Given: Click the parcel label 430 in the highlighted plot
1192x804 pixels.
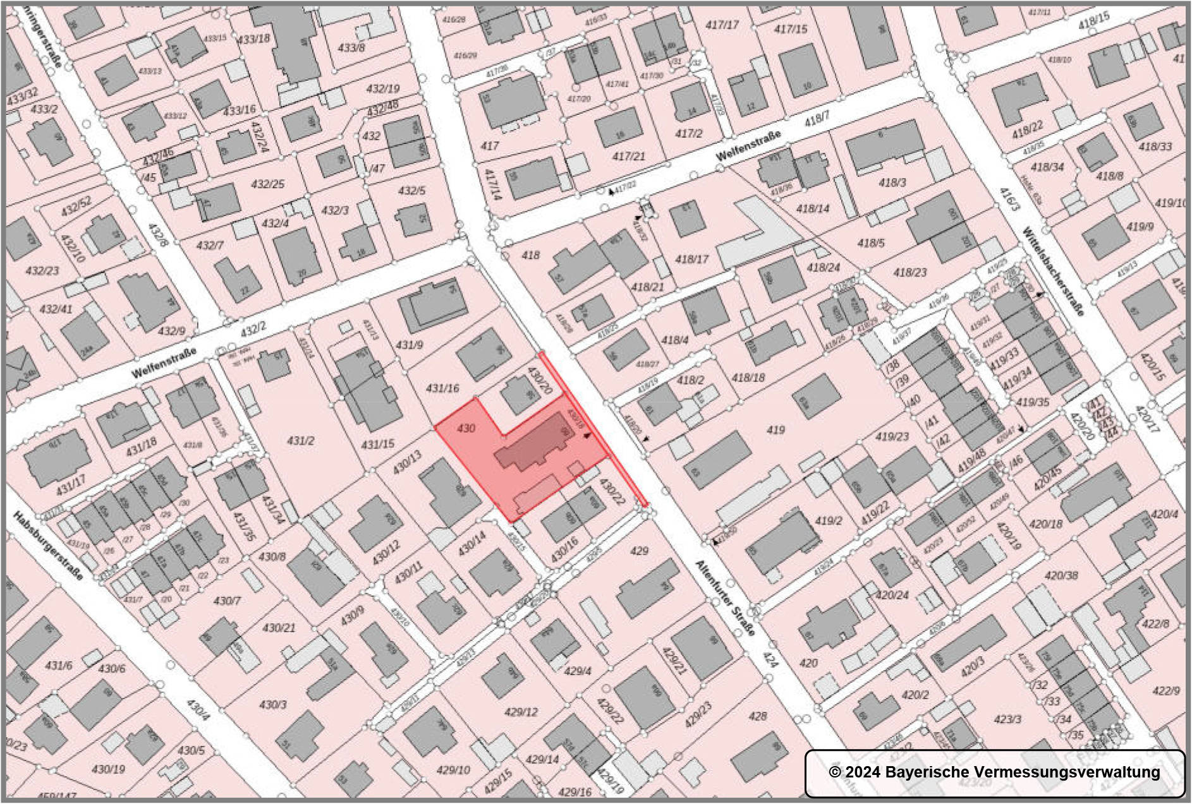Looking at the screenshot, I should (466, 429).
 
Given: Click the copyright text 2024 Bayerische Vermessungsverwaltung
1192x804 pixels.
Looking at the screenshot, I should (994, 772).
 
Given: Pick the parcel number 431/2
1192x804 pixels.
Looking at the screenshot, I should (300, 440).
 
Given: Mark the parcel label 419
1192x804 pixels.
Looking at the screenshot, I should (775, 430).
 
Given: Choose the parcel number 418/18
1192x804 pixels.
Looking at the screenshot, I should (748, 378).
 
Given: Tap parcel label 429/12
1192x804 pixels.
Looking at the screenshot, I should (521, 712).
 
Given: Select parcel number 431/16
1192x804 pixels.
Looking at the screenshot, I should (442, 388).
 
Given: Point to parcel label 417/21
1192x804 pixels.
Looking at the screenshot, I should (629, 156).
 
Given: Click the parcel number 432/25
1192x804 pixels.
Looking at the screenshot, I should (267, 184).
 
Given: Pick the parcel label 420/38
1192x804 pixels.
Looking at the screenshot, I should (1061, 575).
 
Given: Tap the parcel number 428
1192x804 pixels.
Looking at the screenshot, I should (757, 716).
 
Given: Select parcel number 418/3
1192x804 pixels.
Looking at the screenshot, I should (892, 183).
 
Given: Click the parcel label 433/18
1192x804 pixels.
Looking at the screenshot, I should (253, 39).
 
